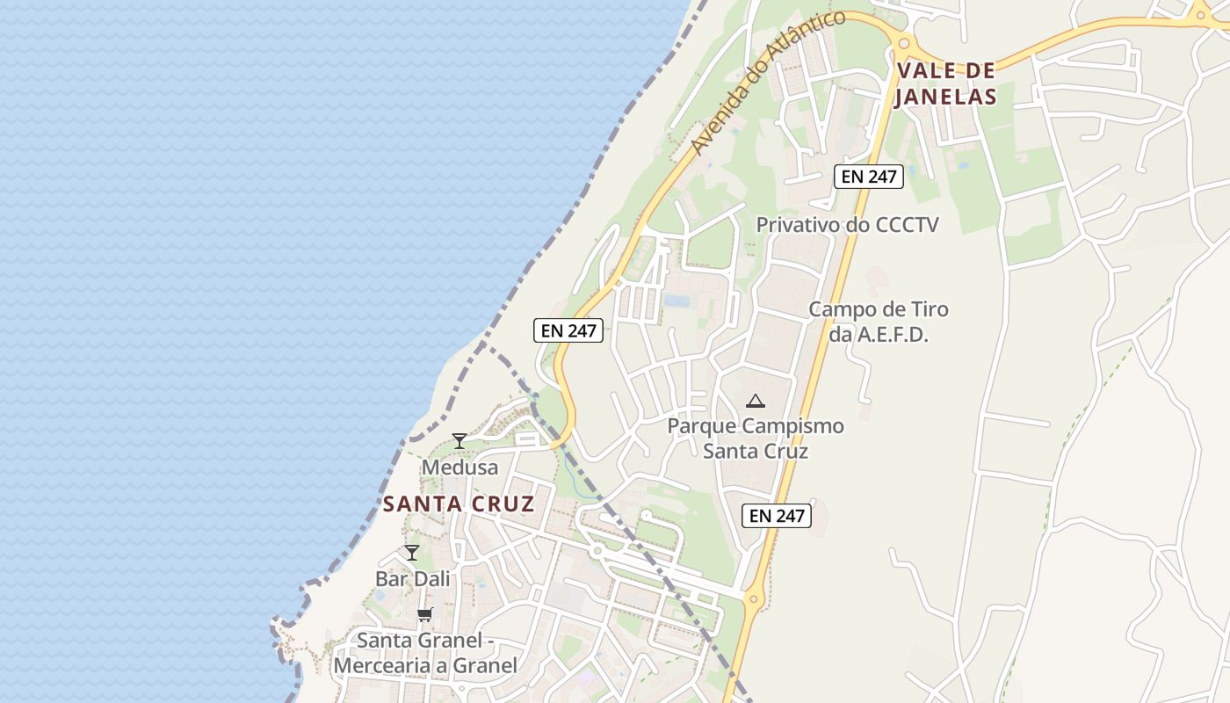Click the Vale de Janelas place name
tap(945, 83)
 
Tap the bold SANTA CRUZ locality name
tap(459, 504)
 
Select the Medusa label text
tap(459, 467)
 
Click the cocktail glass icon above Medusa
tap(459, 440)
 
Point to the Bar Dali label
tap(412, 579)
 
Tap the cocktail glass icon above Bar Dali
tap(411, 553)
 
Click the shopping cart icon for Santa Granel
tap(425, 614)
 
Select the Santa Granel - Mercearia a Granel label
tap(425, 653)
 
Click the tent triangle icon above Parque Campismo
tap(755, 402)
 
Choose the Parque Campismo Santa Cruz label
tap(756, 438)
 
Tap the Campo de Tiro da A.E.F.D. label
tap(879, 322)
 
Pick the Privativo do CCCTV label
tap(847, 225)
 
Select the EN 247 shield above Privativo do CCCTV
tap(868, 177)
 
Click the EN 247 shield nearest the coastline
tap(568, 330)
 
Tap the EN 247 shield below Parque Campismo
tap(777, 516)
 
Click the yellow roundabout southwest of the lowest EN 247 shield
tap(752, 600)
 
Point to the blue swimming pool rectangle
tap(676, 301)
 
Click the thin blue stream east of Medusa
tap(569, 475)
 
